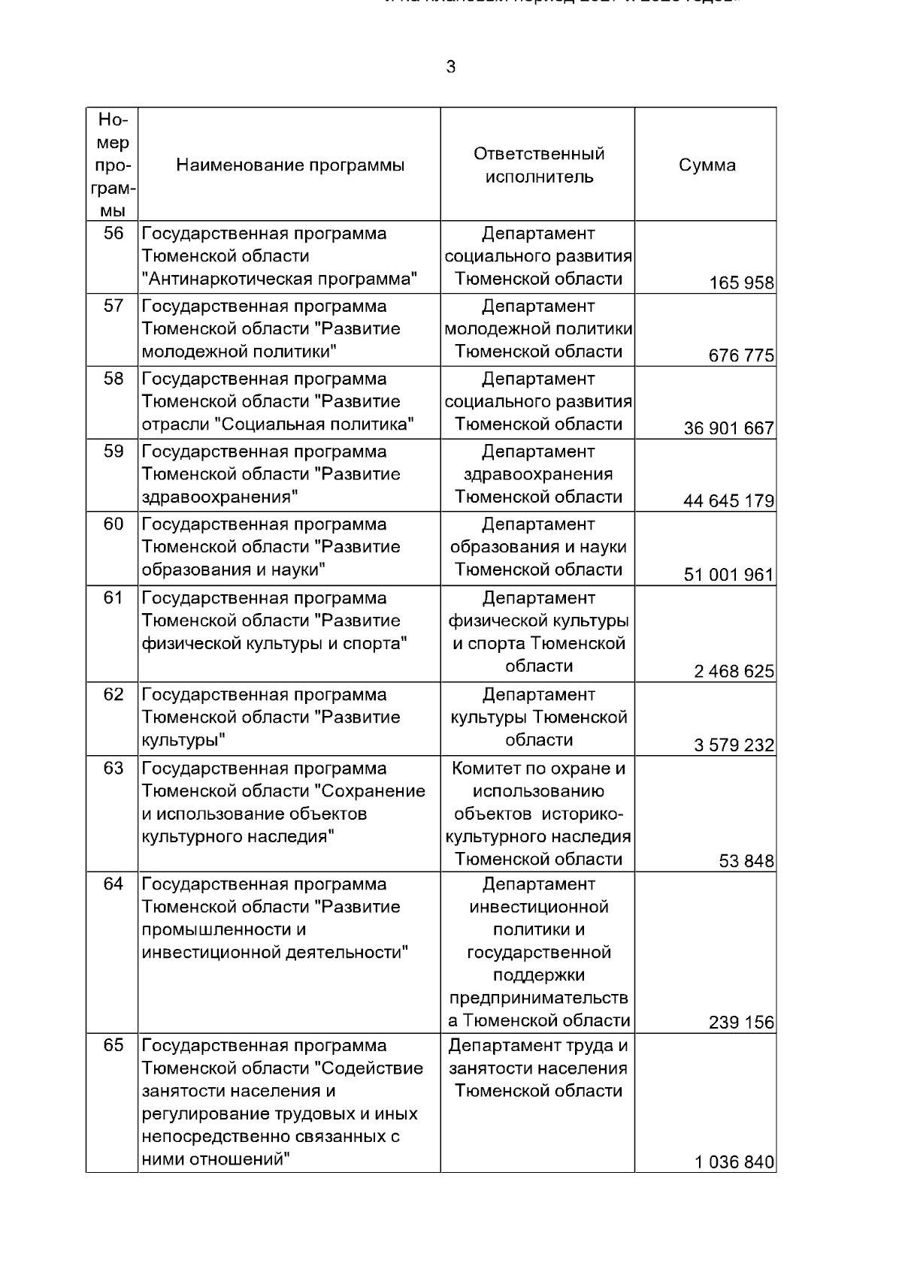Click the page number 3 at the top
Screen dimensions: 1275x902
(x=450, y=68)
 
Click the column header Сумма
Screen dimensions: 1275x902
(x=707, y=165)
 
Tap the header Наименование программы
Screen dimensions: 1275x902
(x=290, y=165)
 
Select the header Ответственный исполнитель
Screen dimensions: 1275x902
(x=539, y=165)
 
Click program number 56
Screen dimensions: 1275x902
(x=113, y=234)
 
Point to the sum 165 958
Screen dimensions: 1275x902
(x=741, y=283)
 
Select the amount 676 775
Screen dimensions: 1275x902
(x=741, y=356)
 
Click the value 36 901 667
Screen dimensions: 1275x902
(x=728, y=429)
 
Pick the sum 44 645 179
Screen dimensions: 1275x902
(x=728, y=501)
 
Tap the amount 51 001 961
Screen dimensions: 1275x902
(x=728, y=575)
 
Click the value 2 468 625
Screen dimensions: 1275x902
(x=734, y=672)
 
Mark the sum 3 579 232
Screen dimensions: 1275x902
(x=734, y=745)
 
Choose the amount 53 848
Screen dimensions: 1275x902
(x=746, y=862)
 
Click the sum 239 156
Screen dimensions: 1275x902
(x=741, y=1023)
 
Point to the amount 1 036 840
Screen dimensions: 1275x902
(x=734, y=1163)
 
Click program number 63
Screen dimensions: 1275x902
(x=113, y=769)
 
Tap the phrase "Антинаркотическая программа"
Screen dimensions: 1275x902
(x=280, y=279)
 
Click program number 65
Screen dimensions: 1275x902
(x=113, y=1046)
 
